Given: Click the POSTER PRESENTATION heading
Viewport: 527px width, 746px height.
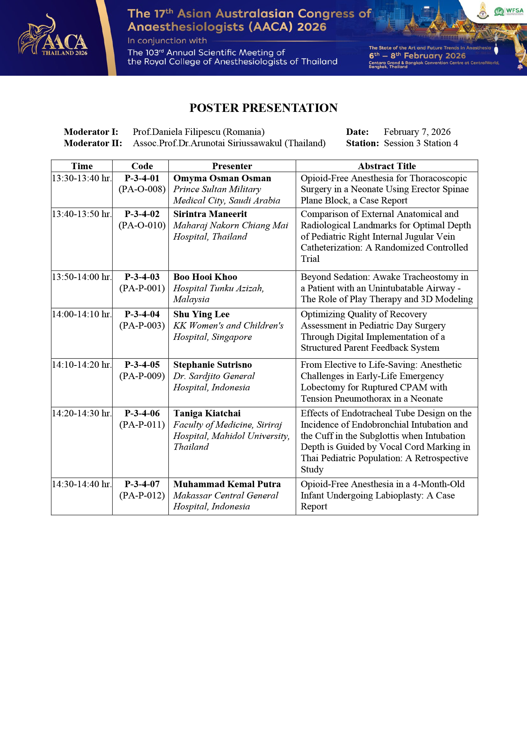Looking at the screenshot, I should click(x=263, y=108).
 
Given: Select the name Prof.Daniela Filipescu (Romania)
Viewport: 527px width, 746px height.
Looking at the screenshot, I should click(x=198, y=132).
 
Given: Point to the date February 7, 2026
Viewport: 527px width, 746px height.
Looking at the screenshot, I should click(x=417, y=132).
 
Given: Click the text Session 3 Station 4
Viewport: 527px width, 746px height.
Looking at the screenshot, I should click(x=421, y=143).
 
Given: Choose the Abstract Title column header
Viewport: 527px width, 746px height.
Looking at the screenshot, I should click(x=387, y=166).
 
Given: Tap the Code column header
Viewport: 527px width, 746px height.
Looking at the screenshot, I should click(x=142, y=166).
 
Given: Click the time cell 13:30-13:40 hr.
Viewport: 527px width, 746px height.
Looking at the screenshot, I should click(x=82, y=178).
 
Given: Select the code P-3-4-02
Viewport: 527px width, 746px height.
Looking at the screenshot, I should click(x=142, y=214).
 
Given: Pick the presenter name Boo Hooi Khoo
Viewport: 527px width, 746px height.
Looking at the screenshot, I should click(x=205, y=277).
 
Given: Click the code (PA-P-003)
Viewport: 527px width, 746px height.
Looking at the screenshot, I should click(x=142, y=326).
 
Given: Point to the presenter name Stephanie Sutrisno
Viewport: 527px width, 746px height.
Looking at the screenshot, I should click(x=212, y=365).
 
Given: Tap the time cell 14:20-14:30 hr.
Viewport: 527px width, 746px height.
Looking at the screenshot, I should click(x=82, y=413).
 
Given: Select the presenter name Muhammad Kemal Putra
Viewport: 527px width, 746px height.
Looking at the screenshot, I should click(x=227, y=484).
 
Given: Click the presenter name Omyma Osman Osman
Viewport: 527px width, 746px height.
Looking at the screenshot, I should click(x=222, y=178).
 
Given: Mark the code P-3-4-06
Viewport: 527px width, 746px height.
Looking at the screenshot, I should click(x=142, y=413).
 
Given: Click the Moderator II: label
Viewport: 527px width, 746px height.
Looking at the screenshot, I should click(x=93, y=143).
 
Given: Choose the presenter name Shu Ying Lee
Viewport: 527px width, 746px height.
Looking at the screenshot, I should click(x=201, y=314).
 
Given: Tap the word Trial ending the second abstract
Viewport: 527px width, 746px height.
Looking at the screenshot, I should click(x=310, y=259).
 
